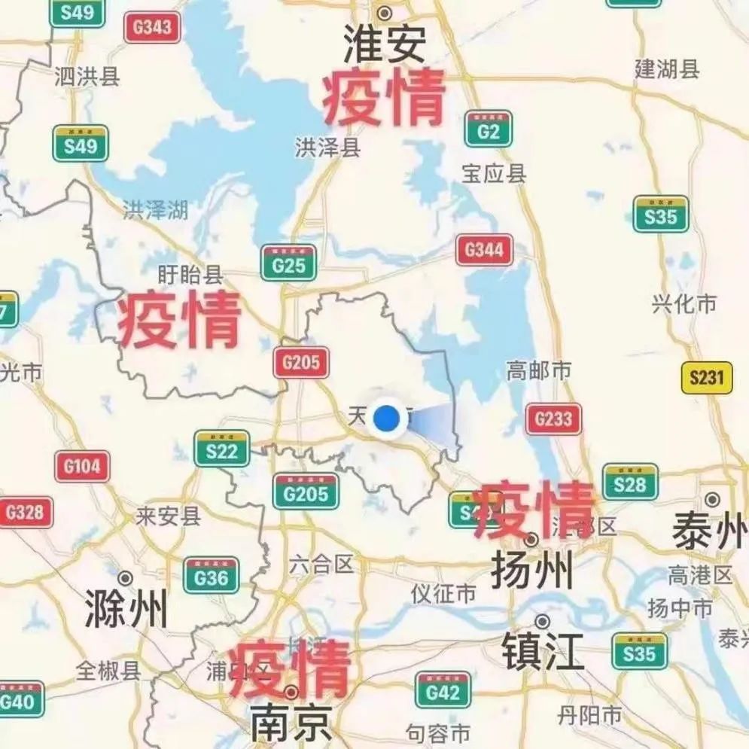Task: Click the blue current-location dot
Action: (386, 418)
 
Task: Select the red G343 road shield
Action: (152, 28)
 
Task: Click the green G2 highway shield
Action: (489, 129)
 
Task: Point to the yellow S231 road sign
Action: (706, 378)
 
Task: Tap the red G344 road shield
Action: (484, 250)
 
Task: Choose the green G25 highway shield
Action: (288, 263)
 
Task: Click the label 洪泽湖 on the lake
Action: (155, 210)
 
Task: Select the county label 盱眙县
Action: (190, 274)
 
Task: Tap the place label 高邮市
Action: (538, 370)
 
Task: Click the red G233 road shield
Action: (553, 419)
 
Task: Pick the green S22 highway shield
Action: (221, 449)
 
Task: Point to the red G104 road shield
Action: (82, 467)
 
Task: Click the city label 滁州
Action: (126, 608)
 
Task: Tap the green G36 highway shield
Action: (211, 576)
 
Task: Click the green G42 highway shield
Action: (443, 690)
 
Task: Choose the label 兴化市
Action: (684, 305)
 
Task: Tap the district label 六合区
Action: (321, 564)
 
